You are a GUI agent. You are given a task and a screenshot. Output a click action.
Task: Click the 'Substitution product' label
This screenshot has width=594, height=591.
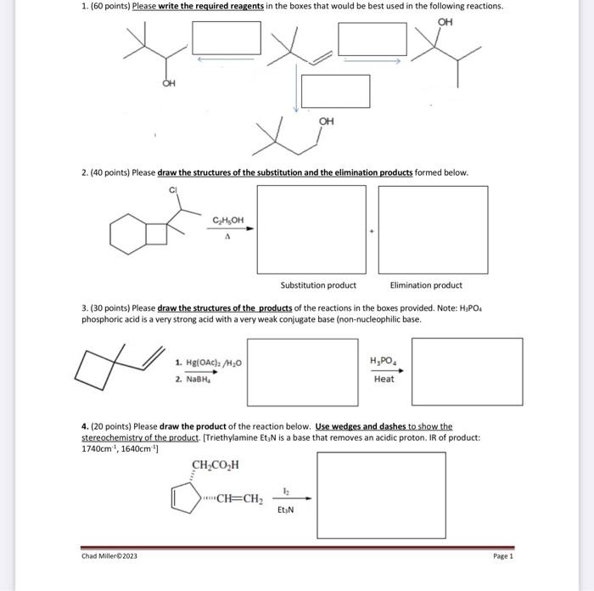(x=318, y=285)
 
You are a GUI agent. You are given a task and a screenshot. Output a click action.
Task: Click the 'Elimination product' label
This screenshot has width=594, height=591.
(x=426, y=285)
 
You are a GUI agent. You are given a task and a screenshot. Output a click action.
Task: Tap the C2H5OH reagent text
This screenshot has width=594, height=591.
(x=227, y=221)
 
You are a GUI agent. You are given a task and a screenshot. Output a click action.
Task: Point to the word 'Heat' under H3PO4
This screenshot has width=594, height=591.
(x=384, y=380)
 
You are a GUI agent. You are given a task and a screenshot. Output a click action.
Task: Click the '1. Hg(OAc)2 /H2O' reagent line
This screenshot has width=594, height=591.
(x=208, y=363)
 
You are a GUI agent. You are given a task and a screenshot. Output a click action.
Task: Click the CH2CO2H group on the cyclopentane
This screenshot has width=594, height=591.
(x=216, y=464)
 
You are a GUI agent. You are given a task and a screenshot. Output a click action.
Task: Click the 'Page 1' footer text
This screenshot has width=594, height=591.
(x=502, y=556)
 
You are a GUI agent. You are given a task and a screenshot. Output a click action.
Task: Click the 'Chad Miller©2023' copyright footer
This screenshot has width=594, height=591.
(x=109, y=556)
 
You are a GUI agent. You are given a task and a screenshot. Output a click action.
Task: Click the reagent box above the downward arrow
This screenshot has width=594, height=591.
(x=336, y=90)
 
